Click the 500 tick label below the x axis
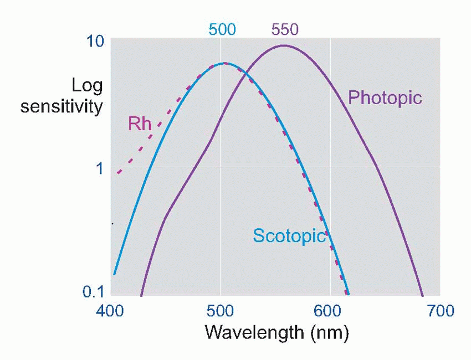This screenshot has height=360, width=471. click(221, 311)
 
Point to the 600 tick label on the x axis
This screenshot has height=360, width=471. click(330, 311)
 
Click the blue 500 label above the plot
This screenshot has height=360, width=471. click(222, 29)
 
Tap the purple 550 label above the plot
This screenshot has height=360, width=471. click(284, 29)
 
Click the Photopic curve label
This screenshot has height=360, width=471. click(385, 98)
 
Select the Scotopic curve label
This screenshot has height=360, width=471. click(289, 235)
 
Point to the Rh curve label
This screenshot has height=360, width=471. click(140, 124)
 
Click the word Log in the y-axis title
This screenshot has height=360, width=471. click(87, 85)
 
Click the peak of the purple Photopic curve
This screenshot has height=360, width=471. click(284, 45)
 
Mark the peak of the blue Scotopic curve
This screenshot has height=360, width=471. click(224, 63)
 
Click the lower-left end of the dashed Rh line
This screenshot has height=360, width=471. click(118, 173)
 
